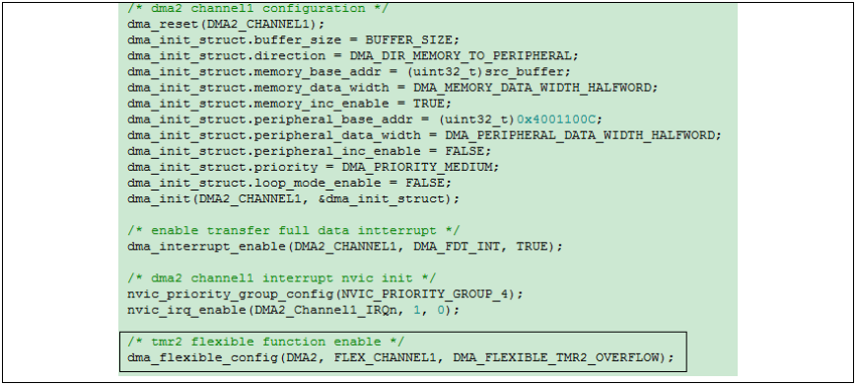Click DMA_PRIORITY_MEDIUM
pyautogui.click(x=416, y=167)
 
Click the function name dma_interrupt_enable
pyautogui.click(x=206, y=246)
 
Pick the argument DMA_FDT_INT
pyautogui.click(x=457, y=246)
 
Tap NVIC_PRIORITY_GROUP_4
pyautogui.click(x=424, y=294)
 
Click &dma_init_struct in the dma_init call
pyautogui.click(x=381, y=198)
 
